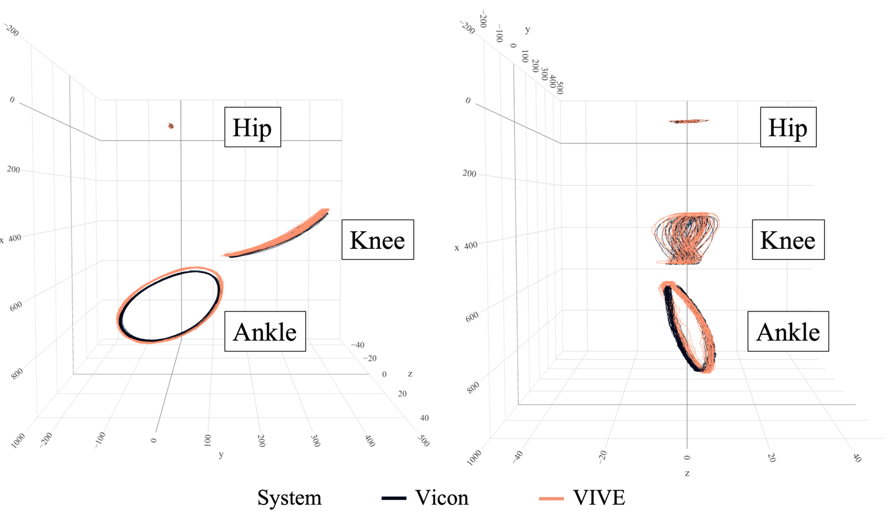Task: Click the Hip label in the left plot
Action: [252, 127]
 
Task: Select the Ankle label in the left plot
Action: [265, 331]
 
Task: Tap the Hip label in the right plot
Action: [788, 127]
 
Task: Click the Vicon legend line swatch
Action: [394, 498]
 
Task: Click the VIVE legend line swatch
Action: [551, 498]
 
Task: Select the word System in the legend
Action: [289, 498]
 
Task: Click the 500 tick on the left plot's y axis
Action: [424, 441]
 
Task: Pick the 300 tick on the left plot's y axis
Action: [315, 441]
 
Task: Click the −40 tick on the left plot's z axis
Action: [358, 345]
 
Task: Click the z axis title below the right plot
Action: [687, 473]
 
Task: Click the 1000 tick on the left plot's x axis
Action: [18, 441]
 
